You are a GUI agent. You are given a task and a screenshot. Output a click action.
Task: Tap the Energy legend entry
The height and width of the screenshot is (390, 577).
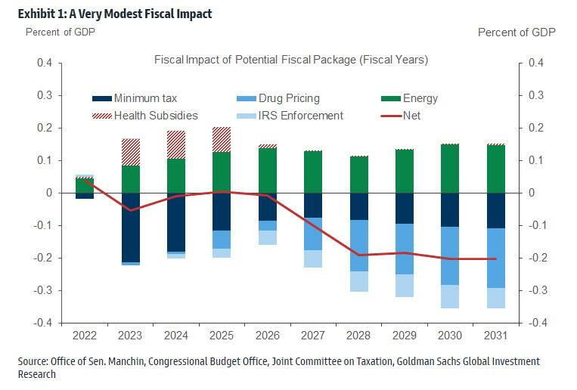point(420,98)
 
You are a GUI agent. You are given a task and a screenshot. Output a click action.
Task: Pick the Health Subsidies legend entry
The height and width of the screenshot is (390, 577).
point(155,116)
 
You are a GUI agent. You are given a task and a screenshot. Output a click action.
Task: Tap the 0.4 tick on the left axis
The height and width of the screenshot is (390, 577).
point(45,63)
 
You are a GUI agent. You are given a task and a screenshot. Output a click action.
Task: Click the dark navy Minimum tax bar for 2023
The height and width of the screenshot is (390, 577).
point(131,227)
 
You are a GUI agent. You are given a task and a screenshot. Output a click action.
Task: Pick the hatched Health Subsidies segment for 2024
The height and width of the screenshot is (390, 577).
point(176,144)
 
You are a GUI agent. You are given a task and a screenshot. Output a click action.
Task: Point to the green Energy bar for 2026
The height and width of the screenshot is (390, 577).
point(267,170)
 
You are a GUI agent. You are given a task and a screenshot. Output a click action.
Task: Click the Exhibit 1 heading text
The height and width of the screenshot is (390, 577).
point(110,13)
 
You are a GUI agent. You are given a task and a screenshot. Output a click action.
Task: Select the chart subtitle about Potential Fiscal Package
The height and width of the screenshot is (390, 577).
point(291,59)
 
